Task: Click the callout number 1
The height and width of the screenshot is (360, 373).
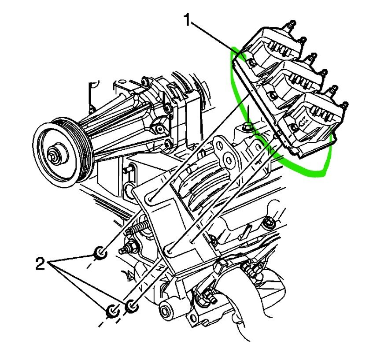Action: tap(188, 20)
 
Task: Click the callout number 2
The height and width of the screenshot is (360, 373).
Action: tap(41, 264)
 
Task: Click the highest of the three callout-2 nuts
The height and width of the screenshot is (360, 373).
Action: tap(100, 253)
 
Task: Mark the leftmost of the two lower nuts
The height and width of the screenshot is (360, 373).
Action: tap(113, 310)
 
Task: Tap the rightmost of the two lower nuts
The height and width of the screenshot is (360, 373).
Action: tap(131, 305)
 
